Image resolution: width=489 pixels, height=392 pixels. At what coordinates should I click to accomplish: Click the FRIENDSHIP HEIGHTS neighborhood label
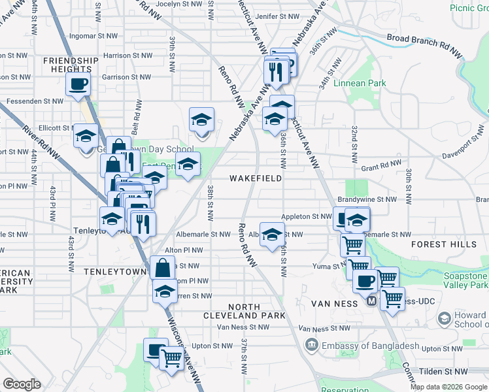coord(71,66)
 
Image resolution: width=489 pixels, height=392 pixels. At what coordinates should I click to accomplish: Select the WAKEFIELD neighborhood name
coord(256,178)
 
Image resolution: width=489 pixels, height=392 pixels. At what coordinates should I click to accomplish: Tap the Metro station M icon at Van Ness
coord(371,302)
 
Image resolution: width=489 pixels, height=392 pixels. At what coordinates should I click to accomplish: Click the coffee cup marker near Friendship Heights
coord(78,84)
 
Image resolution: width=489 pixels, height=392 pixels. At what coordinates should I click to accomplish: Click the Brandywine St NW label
coord(367,199)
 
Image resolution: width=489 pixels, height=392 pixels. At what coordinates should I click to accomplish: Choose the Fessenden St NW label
coord(35,101)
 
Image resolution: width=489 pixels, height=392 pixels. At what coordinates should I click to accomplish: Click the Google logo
coord(22,384)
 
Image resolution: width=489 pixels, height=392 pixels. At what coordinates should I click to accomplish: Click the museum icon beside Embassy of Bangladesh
coord(311,345)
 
